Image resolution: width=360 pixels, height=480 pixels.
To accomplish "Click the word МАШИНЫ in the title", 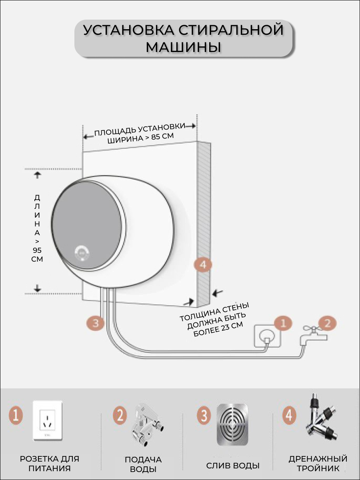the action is [184, 47].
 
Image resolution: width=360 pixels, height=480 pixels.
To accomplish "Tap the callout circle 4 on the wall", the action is [202, 264].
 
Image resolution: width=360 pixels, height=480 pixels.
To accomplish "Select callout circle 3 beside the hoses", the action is [95, 322].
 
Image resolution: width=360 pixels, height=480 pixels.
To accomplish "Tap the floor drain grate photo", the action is [232, 424].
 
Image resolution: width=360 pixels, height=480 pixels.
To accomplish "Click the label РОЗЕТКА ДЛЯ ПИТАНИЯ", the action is [50, 464].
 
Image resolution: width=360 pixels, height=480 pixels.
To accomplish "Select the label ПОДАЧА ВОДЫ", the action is [143, 464].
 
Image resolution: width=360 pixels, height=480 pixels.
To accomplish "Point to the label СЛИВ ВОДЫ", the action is [233, 466].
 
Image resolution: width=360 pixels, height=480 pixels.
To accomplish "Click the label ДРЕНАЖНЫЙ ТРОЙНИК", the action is [318, 464].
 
